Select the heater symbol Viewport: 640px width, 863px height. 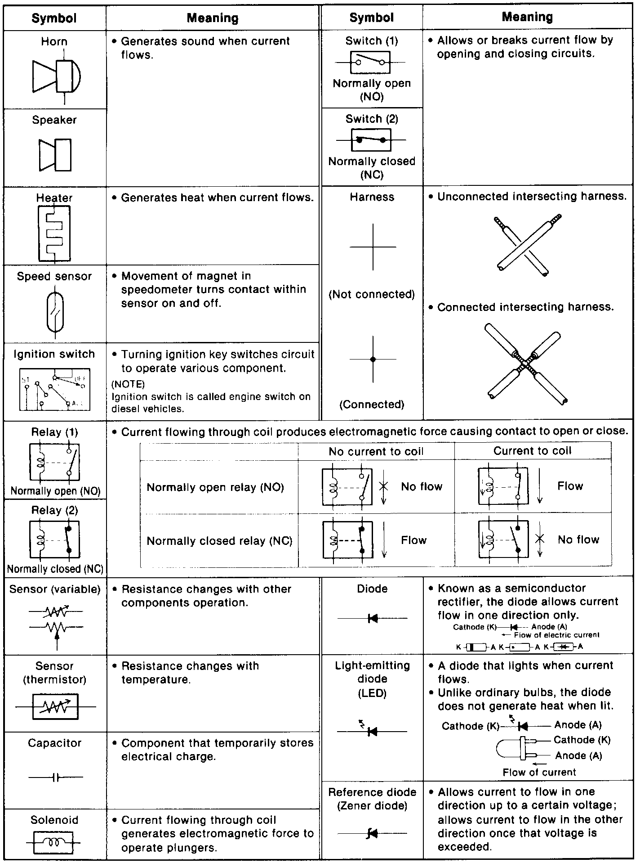click(x=54, y=233)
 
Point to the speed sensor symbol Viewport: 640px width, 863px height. click(x=55, y=312)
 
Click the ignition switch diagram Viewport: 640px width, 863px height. click(x=54, y=389)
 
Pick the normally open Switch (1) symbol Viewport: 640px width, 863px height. click(x=370, y=62)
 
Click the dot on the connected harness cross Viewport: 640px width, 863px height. click(x=373, y=359)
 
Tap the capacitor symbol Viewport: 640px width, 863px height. click(x=56, y=777)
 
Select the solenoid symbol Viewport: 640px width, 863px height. click(x=55, y=841)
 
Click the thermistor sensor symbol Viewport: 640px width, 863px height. click(x=55, y=706)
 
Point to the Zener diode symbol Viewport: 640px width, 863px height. click(x=372, y=833)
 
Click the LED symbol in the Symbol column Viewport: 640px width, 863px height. click(x=372, y=731)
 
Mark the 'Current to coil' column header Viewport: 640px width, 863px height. click(x=532, y=451)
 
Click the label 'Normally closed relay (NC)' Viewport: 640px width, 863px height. click(x=219, y=540)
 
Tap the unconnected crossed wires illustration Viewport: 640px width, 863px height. click(x=527, y=245)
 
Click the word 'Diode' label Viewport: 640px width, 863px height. click(x=372, y=589)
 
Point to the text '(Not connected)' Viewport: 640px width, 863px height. click(x=372, y=294)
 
